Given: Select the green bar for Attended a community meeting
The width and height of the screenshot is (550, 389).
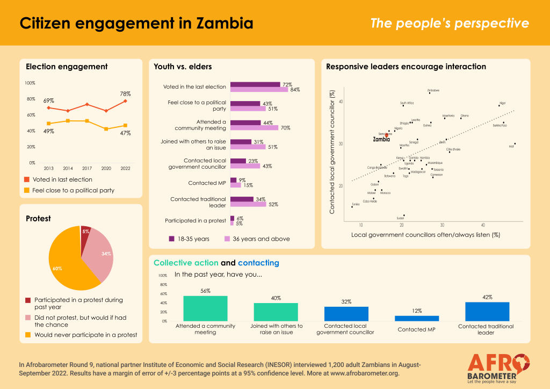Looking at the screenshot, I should (x=205, y=308).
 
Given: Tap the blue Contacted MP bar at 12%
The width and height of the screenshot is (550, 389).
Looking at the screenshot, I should (x=417, y=318).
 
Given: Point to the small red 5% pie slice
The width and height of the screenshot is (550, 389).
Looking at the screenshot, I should (x=85, y=233).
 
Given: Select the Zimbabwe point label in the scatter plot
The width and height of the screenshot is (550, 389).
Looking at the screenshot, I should (x=433, y=90).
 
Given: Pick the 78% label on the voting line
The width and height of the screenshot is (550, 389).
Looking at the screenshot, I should (x=125, y=93).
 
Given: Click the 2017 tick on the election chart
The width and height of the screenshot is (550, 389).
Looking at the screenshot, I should (x=86, y=168).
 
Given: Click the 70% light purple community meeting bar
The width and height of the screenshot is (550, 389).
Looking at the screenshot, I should (x=254, y=128).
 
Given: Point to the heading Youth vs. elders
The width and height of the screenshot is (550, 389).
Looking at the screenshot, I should (x=183, y=67).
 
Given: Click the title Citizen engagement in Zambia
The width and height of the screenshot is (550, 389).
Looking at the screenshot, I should (x=136, y=24).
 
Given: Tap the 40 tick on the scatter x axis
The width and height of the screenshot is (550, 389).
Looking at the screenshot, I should (x=483, y=225).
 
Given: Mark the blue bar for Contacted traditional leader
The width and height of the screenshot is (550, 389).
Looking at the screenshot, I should (x=487, y=312).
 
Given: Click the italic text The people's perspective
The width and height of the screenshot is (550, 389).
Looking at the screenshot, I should (x=450, y=24).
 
